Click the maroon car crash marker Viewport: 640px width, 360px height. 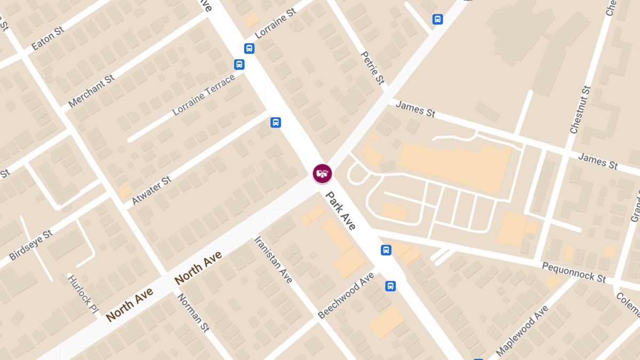pyautogui.click(x=322, y=173)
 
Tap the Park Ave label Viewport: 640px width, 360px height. pyautogui.click(x=340, y=211)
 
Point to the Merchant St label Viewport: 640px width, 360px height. pyautogui.click(x=91, y=91)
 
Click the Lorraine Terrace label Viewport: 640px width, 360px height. pyautogui.click(x=204, y=95)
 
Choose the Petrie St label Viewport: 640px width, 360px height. pyautogui.click(x=372, y=68)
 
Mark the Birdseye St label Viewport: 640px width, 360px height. pyautogui.click(x=31, y=245)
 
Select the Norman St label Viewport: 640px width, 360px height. pyautogui.click(x=193, y=313)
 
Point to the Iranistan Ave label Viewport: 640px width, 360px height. pyautogui.click(x=273, y=260)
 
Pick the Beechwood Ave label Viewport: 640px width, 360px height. pyautogui.click(x=346, y=295)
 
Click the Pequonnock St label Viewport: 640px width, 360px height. pyautogui.click(x=574, y=272)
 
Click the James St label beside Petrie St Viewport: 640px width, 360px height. pyautogui.click(x=415, y=109)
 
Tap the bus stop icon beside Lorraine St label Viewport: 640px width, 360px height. pyautogui.click(x=249, y=49)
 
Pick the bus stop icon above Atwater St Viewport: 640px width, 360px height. pyautogui.click(x=275, y=122)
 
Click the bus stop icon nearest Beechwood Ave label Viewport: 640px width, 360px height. pyautogui.click(x=390, y=286)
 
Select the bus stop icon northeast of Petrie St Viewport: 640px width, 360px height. pyautogui.click(x=437, y=19)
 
